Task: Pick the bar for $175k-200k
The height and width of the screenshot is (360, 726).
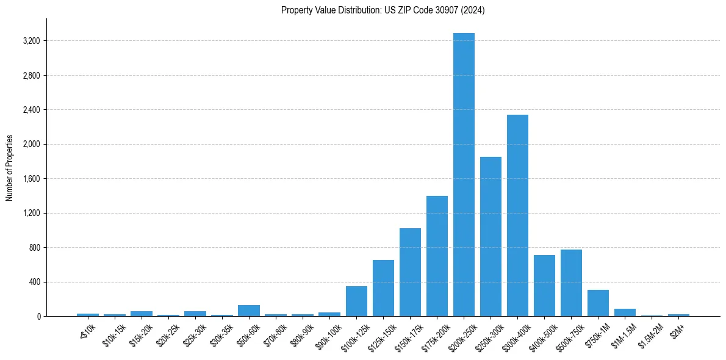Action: click(x=437, y=256)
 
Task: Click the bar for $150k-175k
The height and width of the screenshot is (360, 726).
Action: click(x=410, y=272)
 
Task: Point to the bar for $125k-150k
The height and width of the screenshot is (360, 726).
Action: click(x=383, y=288)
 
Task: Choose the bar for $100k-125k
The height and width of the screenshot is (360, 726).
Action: click(x=356, y=301)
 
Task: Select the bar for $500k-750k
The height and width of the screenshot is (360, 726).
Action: click(x=571, y=283)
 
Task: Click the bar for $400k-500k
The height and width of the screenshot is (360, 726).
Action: click(x=544, y=286)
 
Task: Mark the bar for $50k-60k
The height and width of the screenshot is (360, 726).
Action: click(x=249, y=311)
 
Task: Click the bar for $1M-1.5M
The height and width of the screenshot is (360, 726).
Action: click(x=625, y=312)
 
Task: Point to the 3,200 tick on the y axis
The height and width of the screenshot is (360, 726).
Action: click(x=31, y=41)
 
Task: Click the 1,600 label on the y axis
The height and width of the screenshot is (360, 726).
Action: click(x=31, y=179)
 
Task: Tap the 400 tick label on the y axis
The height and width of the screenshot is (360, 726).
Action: click(x=34, y=282)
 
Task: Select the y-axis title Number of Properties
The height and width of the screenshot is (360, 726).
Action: click(x=10, y=167)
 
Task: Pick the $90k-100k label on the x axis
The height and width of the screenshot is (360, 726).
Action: click(x=329, y=333)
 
